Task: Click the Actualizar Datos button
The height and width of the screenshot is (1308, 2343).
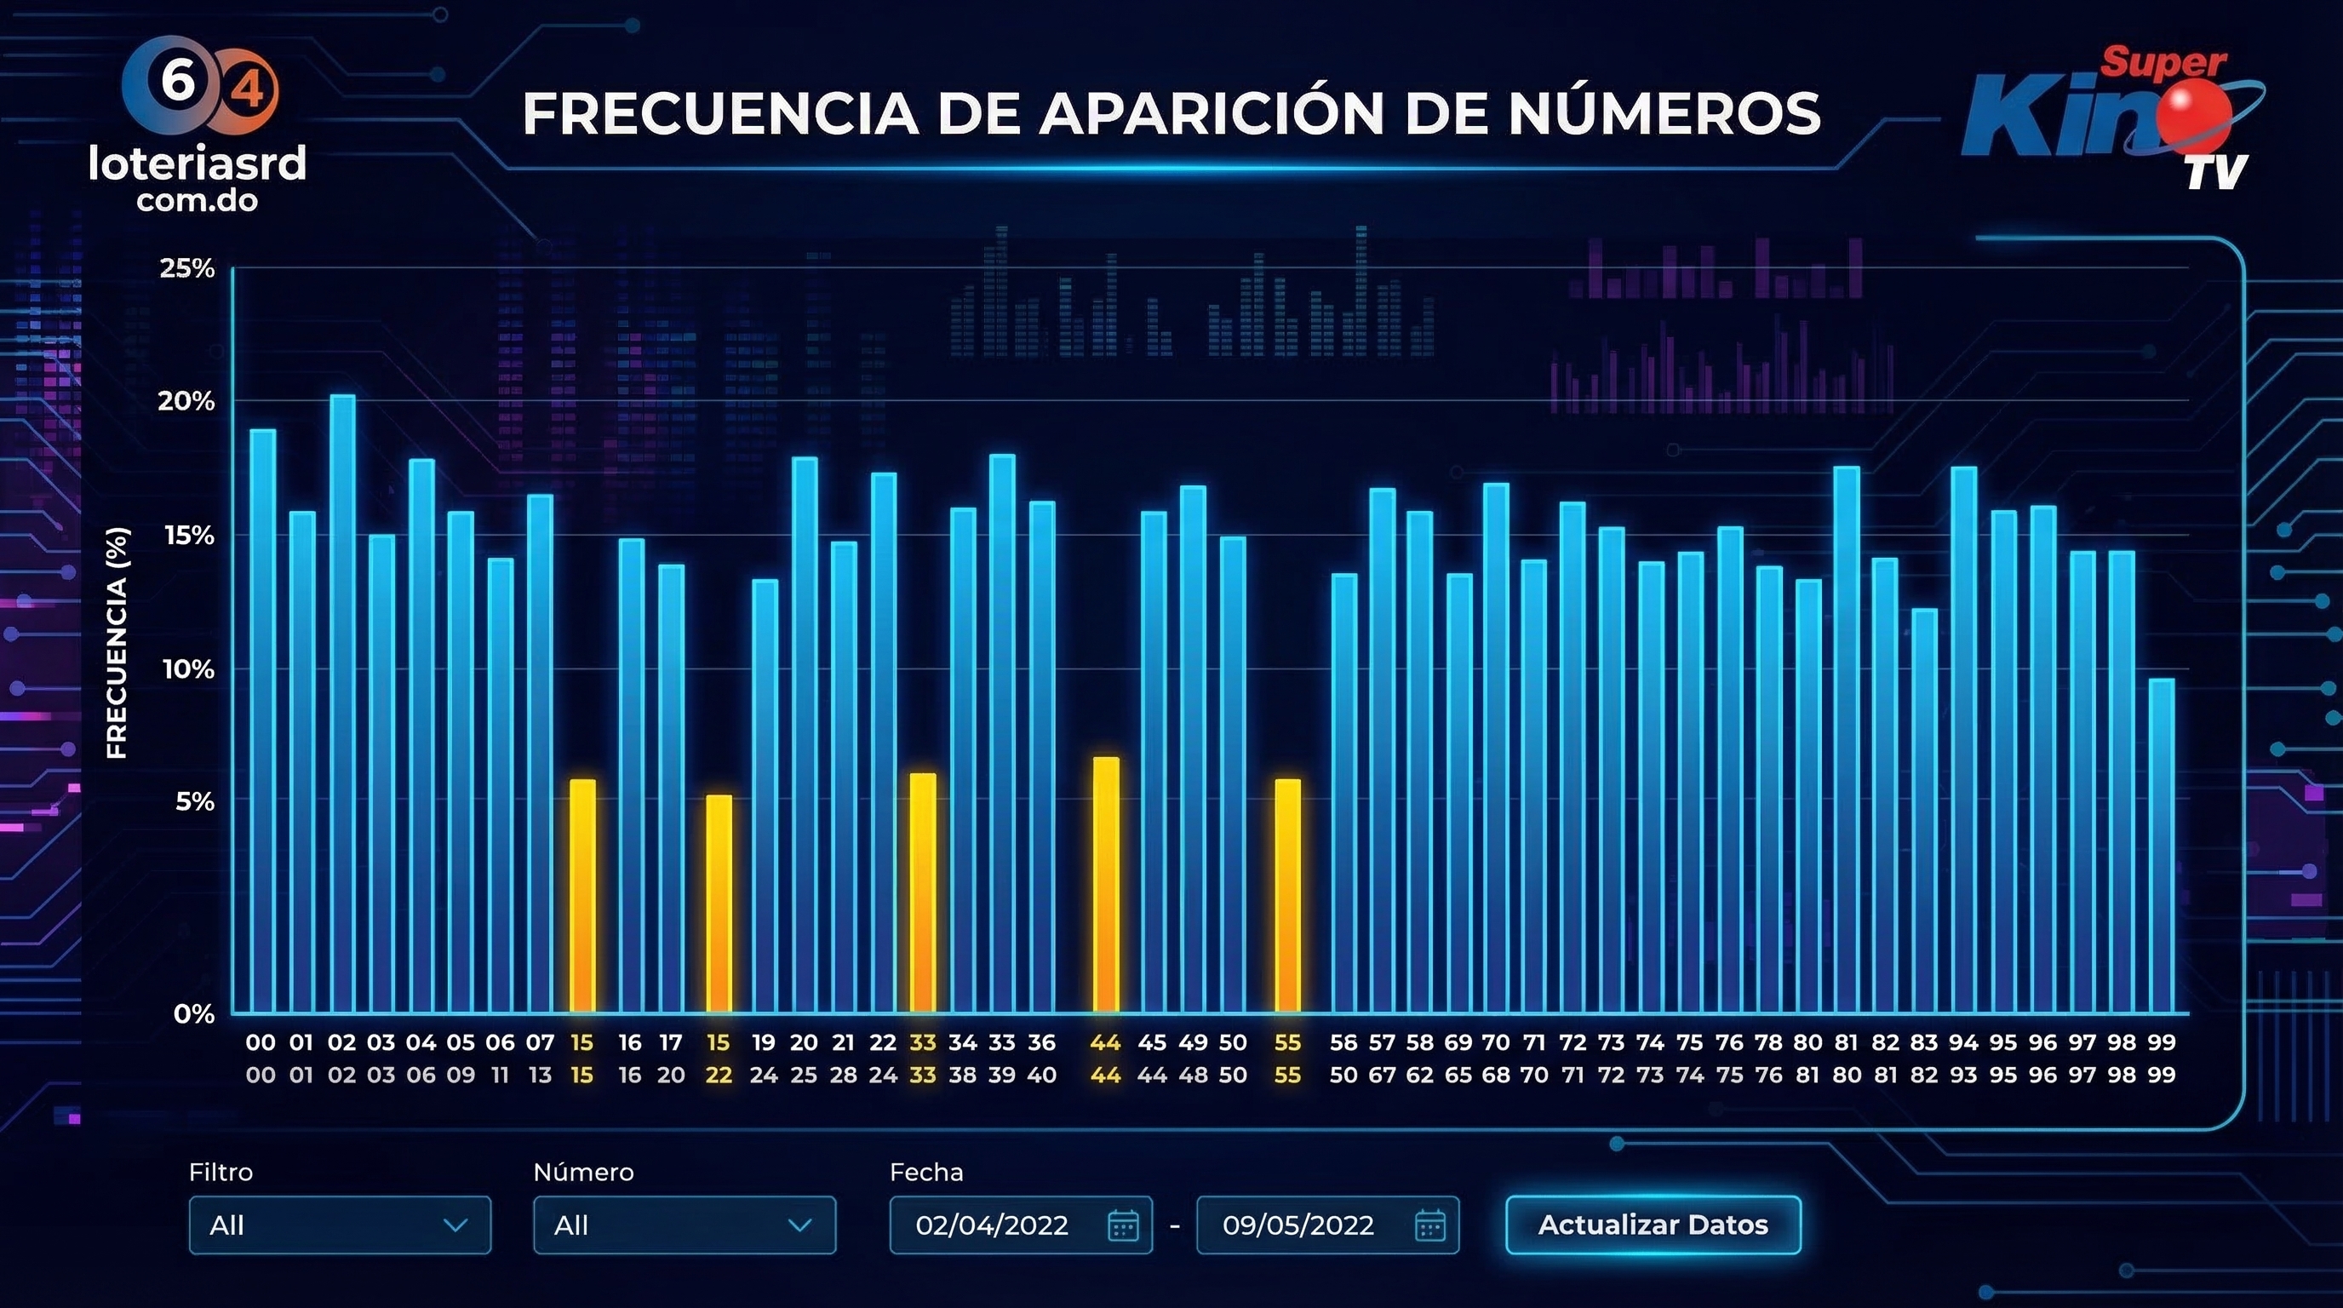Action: click(x=1653, y=1225)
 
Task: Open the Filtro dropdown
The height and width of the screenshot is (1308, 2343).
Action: click(x=339, y=1225)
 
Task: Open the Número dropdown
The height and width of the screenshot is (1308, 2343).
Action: click(x=684, y=1225)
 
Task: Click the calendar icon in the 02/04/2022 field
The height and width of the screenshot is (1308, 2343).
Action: click(x=1123, y=1225)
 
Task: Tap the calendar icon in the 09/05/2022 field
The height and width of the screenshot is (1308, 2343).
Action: click(x=1429, y=1225)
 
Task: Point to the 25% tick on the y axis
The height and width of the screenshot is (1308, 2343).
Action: click(x=187, y=268)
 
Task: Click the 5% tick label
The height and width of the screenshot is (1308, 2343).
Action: click(x=195, y=801)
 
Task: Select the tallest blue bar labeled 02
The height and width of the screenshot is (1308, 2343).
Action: click(x=342, y=705)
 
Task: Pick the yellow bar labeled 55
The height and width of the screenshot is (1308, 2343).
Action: click(x=1287, y=896)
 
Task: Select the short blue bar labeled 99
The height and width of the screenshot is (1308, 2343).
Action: click(x=2161, y=846)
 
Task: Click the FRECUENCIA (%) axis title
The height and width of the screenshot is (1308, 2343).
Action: click(x=117, y=642)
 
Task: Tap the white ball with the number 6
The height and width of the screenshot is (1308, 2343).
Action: click(x=177, y=82)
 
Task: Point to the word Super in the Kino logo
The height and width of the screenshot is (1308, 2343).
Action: click(x=2162, y=63)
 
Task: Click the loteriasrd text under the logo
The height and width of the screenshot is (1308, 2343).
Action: click(x=197, y=163)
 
